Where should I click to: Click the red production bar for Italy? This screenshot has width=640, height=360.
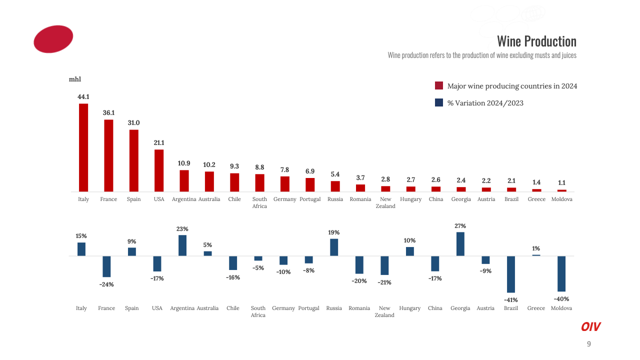83,147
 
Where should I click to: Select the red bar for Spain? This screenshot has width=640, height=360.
134,160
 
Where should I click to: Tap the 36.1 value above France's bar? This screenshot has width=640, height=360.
108,113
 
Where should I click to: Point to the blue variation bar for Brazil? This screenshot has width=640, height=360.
511,274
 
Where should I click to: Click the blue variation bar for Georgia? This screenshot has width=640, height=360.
460,244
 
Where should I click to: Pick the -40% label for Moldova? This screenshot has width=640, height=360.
561,299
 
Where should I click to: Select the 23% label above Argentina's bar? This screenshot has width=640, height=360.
182,229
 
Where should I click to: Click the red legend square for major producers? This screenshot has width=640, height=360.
439,86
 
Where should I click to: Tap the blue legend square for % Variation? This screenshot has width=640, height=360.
439,103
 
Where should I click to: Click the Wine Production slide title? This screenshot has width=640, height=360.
536,41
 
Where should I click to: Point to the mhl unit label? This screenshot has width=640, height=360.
75,79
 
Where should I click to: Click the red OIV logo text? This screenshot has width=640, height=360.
590,327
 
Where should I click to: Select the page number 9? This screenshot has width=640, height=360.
588,344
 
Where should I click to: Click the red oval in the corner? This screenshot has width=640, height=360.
53,39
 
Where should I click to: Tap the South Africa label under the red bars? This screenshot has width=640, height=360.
259,202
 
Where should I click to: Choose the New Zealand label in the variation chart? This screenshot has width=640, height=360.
384,311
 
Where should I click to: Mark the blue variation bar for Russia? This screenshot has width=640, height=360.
334,247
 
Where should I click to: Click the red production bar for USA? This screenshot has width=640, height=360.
159,170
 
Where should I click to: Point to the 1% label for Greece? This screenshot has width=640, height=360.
536,248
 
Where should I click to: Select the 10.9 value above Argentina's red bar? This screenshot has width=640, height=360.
184,163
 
